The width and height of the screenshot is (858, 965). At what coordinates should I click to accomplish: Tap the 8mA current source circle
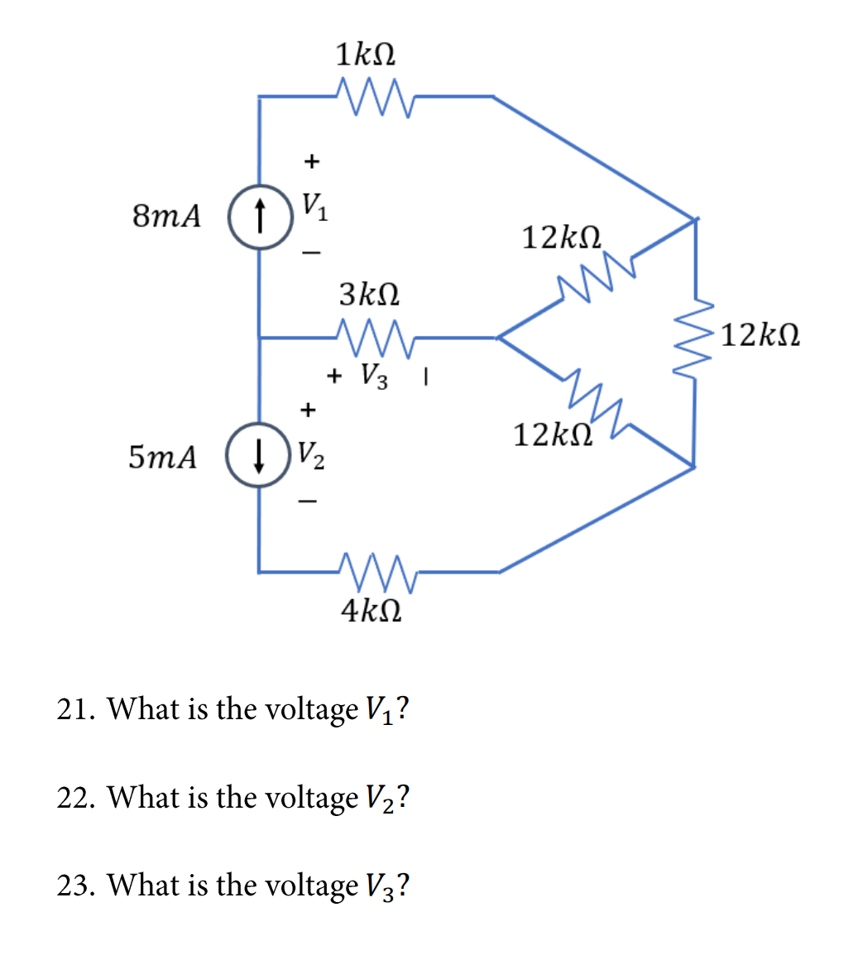click(x=261, y=218)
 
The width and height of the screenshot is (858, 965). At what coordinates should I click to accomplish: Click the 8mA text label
click(x=166, y=217)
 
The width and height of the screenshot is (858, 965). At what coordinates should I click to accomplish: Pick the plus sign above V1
click(x=311, y=161)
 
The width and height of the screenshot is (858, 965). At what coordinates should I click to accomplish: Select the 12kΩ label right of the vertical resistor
click(x=760, y=336)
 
